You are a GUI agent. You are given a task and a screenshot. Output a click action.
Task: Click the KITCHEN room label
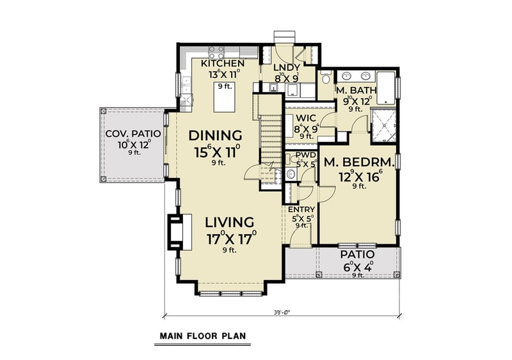(x=223, y=63)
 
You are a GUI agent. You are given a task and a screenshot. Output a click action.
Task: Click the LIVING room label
(x=229, y=223)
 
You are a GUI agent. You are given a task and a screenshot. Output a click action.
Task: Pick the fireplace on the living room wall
(x=175, y=231)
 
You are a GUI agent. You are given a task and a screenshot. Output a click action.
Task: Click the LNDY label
(x=287, y=67)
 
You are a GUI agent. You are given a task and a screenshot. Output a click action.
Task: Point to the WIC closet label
(x=303, y=118)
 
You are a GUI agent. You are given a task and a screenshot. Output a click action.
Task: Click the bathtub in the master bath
(x=387, y=88)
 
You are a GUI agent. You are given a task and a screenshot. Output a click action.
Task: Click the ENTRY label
(x=301, y=210)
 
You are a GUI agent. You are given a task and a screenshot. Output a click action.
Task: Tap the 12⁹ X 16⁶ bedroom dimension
(x=358, y=175)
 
